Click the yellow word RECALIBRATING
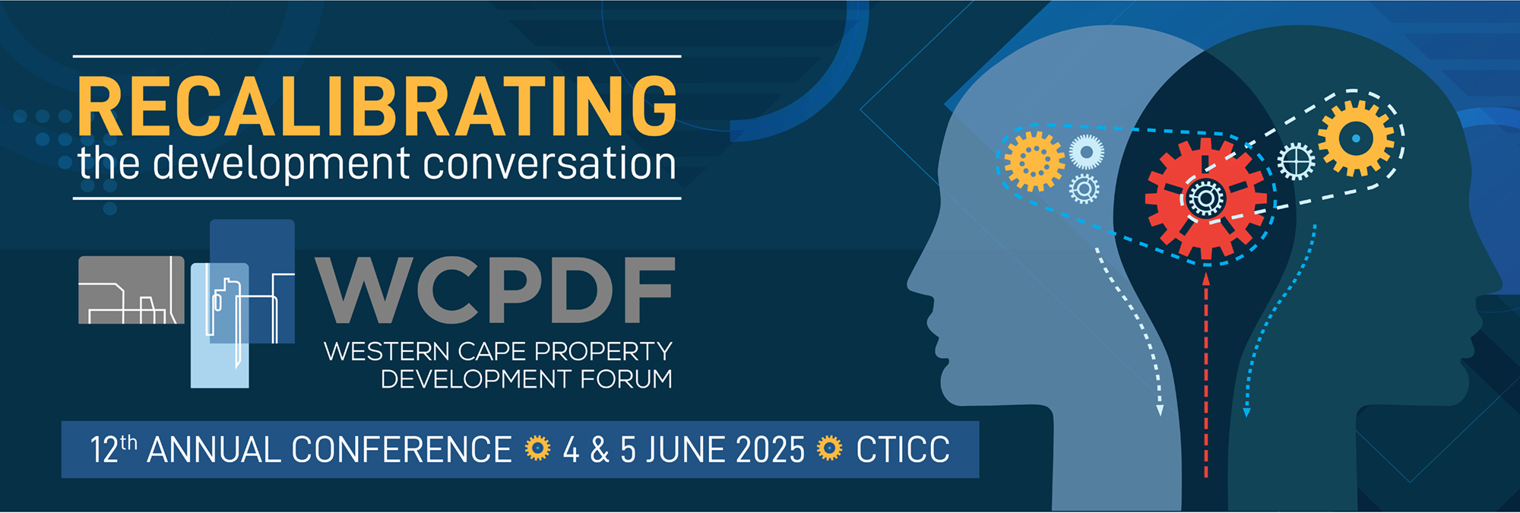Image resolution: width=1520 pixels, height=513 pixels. (x=377, y=106)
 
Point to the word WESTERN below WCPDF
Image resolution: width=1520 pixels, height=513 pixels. (x=387, y=351)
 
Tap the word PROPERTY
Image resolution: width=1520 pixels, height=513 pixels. (x=603, y=351)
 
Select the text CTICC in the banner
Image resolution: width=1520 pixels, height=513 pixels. (x=903, y=449)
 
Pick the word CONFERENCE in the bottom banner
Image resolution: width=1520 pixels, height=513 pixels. (x=401, y=449)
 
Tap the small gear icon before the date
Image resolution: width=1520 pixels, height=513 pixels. (x=537, y=448)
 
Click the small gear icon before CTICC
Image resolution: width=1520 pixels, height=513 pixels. (x=830, y=448)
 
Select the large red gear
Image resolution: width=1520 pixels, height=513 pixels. (x=1205, y=199)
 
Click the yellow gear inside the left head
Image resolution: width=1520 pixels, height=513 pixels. (x=1034, y=161)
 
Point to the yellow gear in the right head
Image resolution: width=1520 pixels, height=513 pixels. (x=1356, y=138)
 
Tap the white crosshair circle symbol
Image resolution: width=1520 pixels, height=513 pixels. (x=1296, y=161)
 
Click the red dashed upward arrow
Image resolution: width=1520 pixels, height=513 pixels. (x=1206, y=375)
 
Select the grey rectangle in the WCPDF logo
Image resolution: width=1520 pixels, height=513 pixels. (x=131, y=290)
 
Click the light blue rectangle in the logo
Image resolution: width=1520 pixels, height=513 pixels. (x=220, y=325)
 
